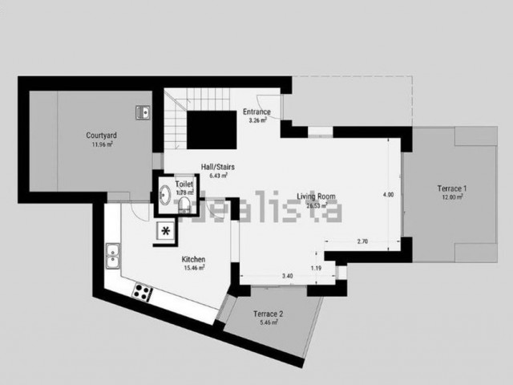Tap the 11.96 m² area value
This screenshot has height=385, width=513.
102,145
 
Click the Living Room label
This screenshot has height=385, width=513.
315,197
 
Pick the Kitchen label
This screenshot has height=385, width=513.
193,260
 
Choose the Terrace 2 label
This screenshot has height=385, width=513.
269,314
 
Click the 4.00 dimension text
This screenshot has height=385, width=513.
388,195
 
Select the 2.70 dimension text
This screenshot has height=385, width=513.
362,241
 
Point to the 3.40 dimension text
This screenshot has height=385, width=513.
288,277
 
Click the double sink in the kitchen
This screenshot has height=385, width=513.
113,257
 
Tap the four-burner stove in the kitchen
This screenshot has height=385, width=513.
142,292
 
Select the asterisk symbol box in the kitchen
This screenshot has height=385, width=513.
166,232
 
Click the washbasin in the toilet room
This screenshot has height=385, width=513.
164,195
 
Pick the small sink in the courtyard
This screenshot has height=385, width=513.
143,112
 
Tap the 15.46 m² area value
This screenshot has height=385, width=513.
194,269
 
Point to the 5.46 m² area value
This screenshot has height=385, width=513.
269,323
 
